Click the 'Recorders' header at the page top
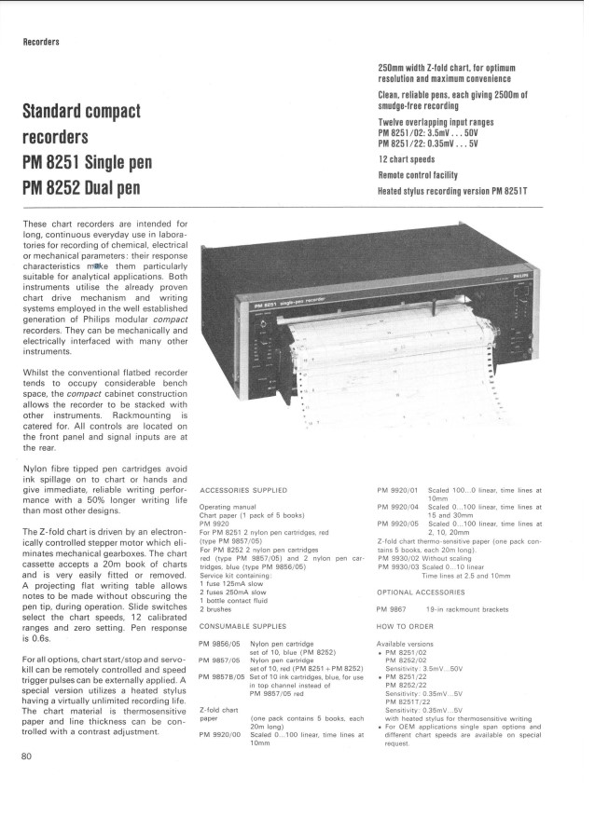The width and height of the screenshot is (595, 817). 42,42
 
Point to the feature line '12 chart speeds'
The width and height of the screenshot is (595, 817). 411,159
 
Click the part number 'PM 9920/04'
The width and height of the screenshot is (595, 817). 396,506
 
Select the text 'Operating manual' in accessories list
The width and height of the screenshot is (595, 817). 228,504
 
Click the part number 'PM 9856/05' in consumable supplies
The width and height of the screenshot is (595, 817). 219,617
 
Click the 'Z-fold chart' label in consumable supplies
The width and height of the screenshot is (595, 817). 218,711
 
